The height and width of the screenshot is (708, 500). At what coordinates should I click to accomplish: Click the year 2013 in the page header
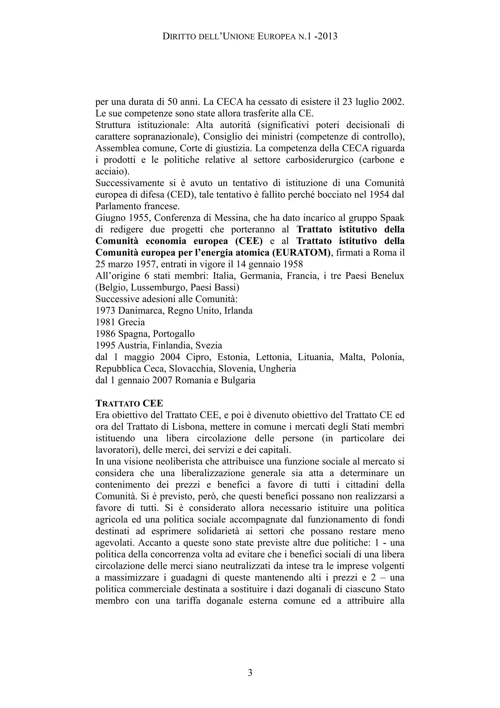click(x=327, y=36)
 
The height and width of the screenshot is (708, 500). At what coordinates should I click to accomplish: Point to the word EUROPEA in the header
click(x=277, y=37)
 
